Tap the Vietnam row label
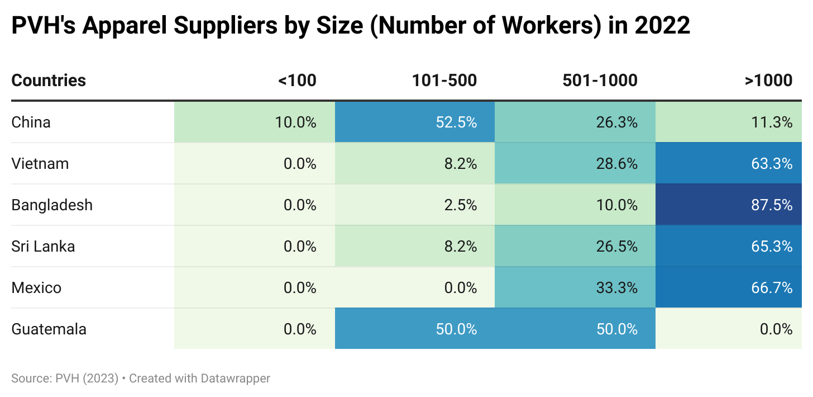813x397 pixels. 40,163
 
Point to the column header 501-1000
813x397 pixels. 600,81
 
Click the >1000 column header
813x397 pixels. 768,81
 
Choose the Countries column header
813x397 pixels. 49,81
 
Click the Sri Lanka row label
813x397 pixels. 43,246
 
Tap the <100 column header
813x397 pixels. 297,81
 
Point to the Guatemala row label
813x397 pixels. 49,329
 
